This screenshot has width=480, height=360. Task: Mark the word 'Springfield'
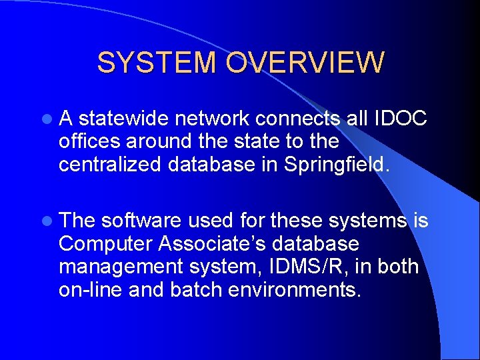333,164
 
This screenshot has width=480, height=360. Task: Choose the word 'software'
141,220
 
